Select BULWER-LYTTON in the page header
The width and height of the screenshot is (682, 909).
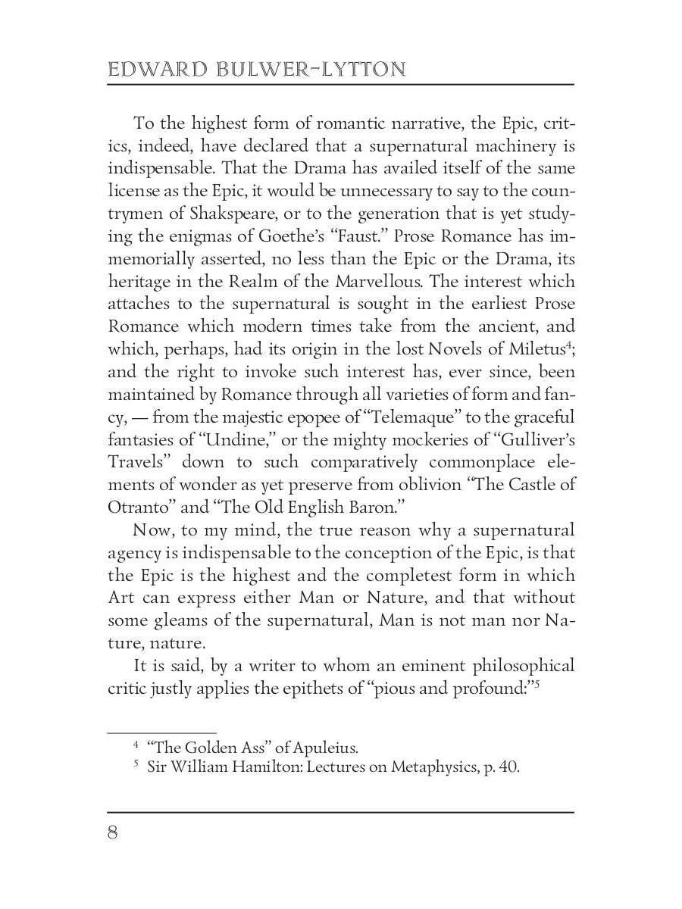[x=308, y=70]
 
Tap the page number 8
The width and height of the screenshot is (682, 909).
[x=114, y=833]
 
